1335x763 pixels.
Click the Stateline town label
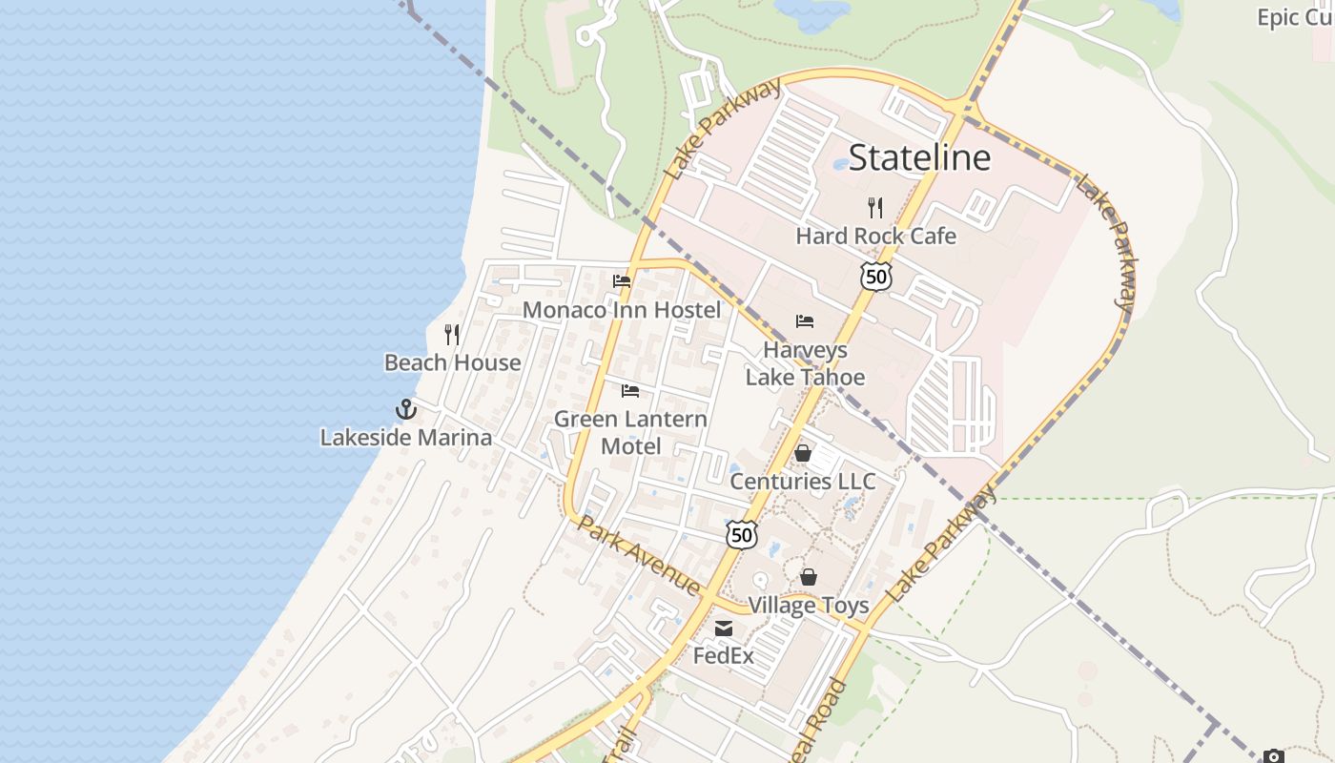(919, 157)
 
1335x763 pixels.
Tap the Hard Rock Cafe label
(875, 236)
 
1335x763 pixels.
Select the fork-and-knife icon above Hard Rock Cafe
(875, 207)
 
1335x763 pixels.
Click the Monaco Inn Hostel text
(622, 310)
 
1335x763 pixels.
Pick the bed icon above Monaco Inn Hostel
(622, 281)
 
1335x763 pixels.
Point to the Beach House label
(453, 362)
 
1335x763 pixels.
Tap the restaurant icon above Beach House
(452, 335)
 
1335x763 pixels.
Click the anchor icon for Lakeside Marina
(406, 409)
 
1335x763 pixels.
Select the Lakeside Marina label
(406, 438)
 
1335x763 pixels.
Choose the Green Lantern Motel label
(630, 432)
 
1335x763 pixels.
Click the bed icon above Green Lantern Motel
(630, 391)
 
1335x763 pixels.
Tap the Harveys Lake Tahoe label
(805, 363)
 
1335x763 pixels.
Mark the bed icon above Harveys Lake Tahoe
(805, 321)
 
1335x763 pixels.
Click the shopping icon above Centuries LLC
(803, 453)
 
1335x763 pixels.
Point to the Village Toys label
(808, 606)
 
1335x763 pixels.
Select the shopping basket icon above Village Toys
(809, 577)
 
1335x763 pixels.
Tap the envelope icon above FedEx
(724, 629)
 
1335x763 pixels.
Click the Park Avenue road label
(639, 556)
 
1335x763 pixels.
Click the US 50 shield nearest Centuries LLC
(742, 535)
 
